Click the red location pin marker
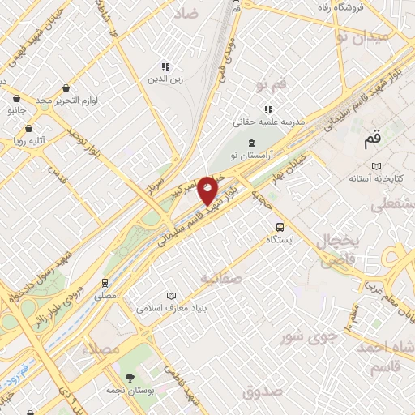pyautogui.click(x=208, y=190)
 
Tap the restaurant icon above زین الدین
pyautogui.click(x=165, y=66)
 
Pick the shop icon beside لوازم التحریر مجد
pyautogui.click(x=65, y=87)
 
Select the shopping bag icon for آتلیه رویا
pyautogui.click(x=29, y=128)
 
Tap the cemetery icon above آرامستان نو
pyautogui.click(x=250, y=142)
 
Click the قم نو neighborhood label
pyautogui.click(x=272, y=83)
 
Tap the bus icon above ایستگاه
pyautogui.click(x=280, y=228)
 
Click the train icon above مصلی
pyautogui.click(x=105, y=283)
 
